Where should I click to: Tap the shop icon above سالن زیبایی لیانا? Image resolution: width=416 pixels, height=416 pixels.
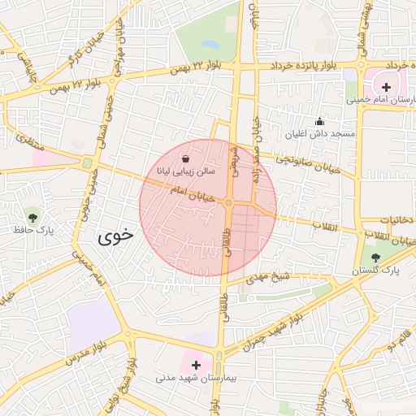coord(187,158)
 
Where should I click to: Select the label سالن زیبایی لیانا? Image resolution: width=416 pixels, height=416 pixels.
coord(187,172)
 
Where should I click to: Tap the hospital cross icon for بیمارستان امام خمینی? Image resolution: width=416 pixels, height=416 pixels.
coord(385,86)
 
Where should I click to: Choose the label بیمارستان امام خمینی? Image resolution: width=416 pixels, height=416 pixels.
coord(381,100)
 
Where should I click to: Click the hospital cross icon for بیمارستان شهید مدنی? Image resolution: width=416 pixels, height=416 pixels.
coord(195,365)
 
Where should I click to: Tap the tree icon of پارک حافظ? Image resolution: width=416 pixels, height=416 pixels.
coord(32,217)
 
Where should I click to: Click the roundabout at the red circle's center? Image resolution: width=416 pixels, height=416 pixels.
coord(230,203)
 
